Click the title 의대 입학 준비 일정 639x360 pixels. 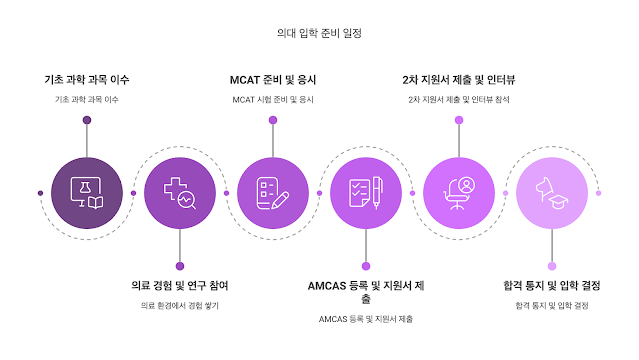point(319,33)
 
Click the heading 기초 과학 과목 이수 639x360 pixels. point(87,79)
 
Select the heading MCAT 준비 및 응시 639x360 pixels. point(273,79)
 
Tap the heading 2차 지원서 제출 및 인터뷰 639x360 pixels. point(459,79)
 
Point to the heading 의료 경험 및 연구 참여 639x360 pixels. point(180,285)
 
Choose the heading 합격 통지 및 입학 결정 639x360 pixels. point(552,285)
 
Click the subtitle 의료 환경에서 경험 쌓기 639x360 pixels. point(180,305)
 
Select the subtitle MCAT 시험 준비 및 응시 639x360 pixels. point(273,100)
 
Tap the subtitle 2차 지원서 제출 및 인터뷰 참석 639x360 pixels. point(459,100)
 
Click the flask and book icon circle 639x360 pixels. point(87,193)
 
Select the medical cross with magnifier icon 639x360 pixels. point(180,193)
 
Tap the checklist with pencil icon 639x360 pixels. point(273,193)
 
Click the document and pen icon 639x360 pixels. point(366,193)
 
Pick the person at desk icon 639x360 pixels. point(459,193)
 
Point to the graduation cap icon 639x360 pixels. point(552,193)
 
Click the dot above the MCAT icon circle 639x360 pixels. point(273,120)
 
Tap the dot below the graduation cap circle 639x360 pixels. point(552,266)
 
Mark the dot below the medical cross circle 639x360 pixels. point(180,266)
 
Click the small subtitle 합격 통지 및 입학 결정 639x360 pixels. point(552,305)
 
